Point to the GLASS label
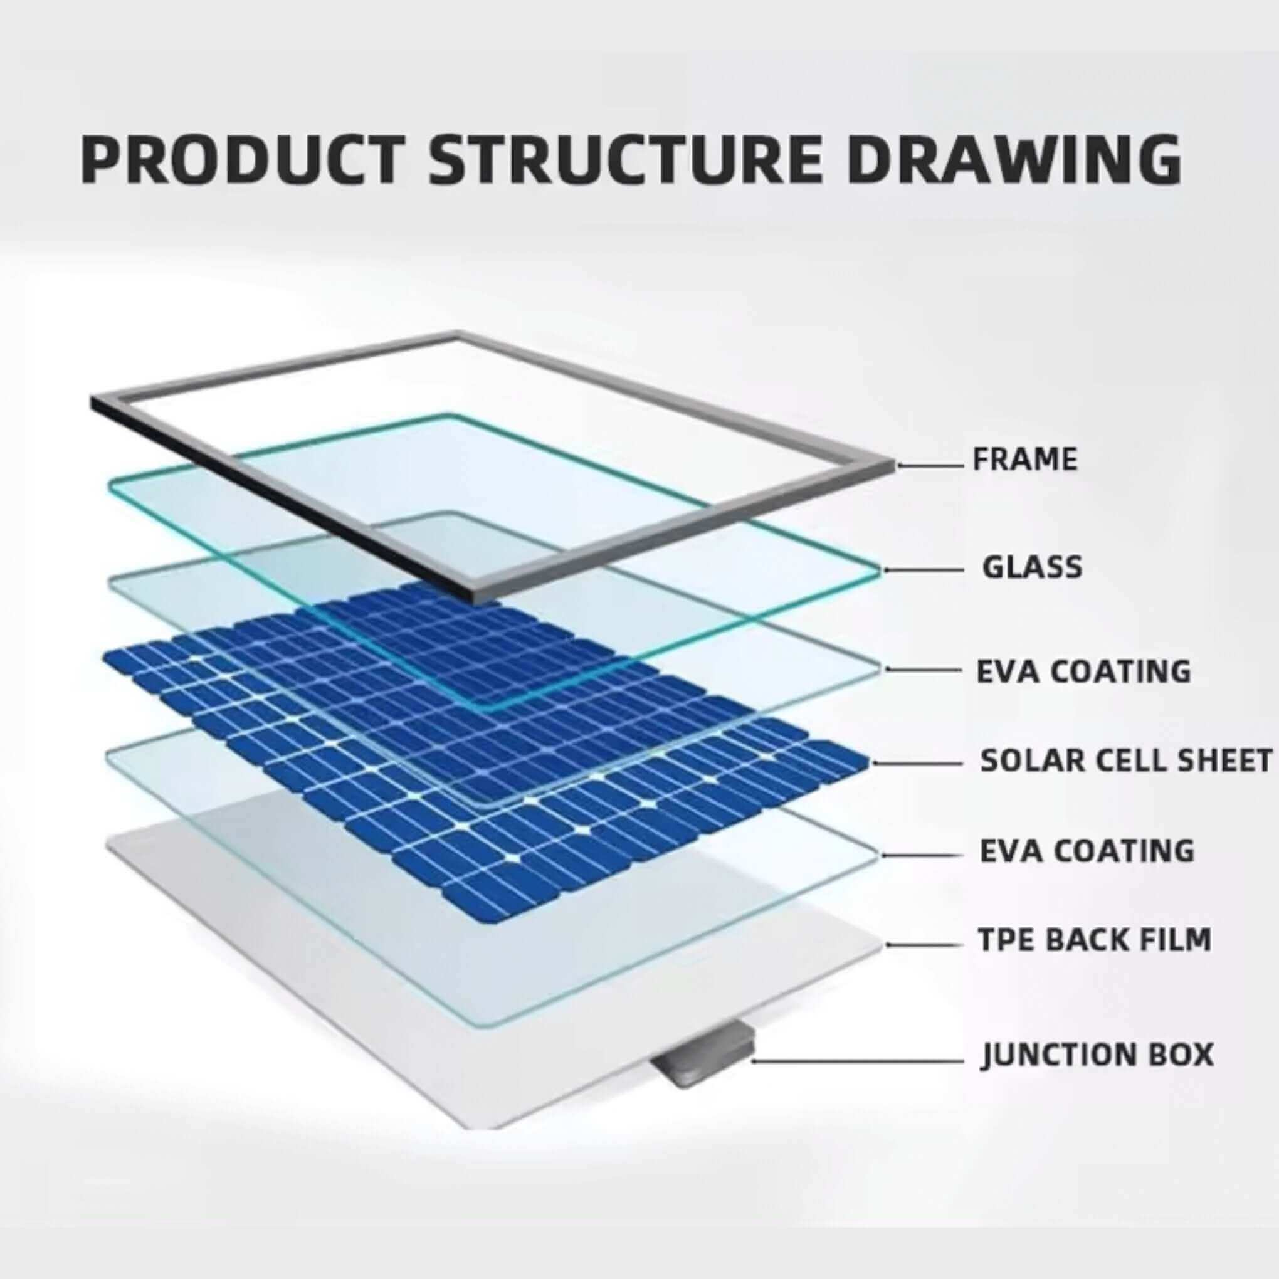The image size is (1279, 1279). coord(1032,567)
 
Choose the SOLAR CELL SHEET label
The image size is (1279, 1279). coord(1126,761)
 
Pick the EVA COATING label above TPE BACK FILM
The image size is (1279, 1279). coord(1087,851)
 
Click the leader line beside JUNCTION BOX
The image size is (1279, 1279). coord(856,1061)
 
